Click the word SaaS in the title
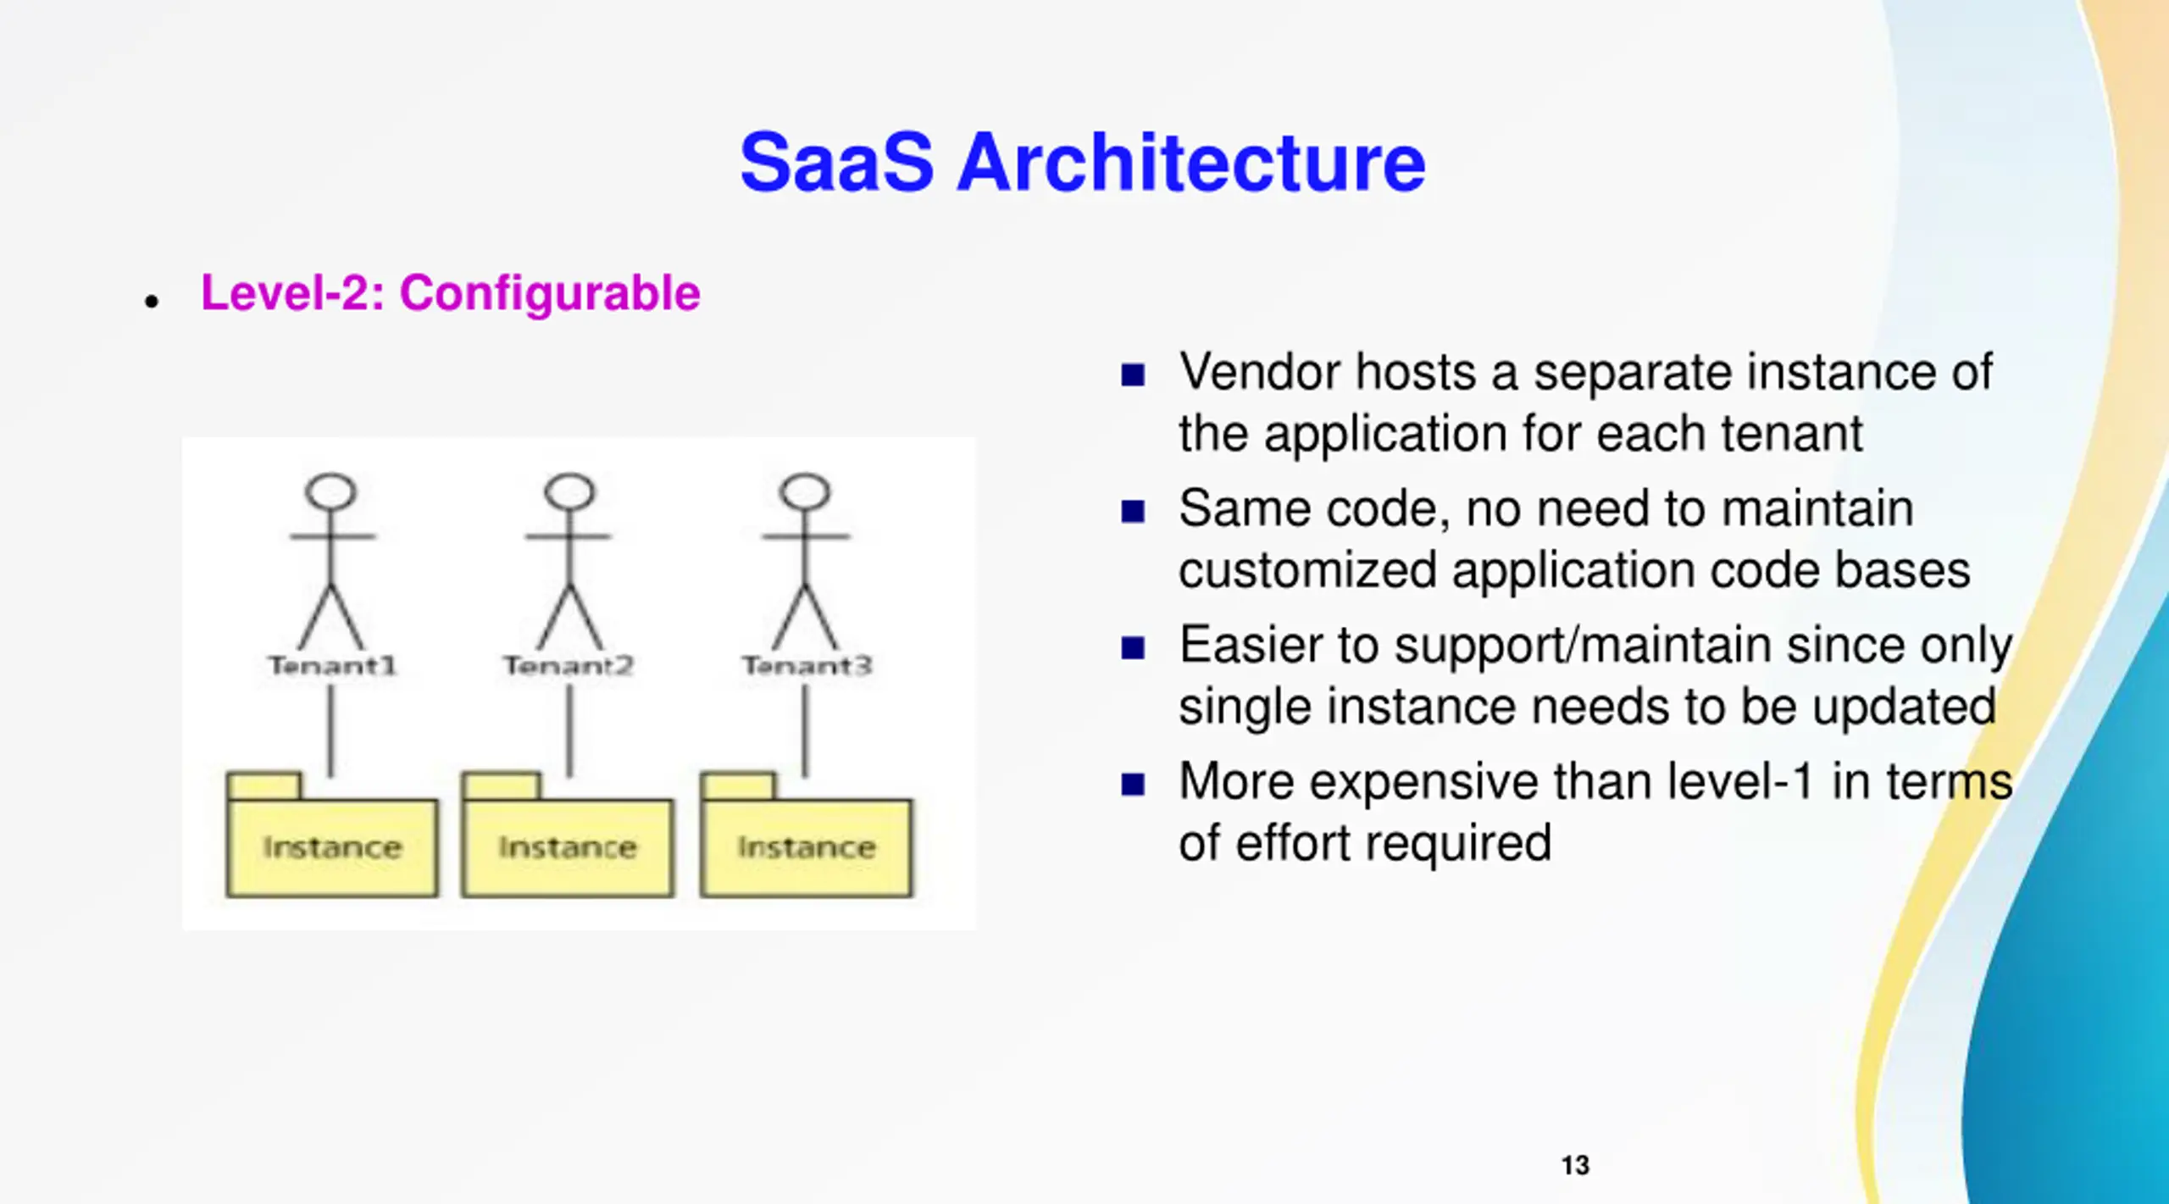point(836,163)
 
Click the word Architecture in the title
point(1191,163)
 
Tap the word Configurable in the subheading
point(550,293)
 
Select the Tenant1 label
point(332,666)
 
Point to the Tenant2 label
point(569,666)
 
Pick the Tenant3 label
point(807,666)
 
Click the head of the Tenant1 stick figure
point(330,491)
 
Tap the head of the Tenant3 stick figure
point(805,491)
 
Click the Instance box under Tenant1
point(332,847)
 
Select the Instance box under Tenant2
point(568,847)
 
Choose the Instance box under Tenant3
point(807,847)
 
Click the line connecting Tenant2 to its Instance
point(569,730)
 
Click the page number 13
point(1575,1166)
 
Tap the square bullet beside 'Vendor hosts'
point(1133,375)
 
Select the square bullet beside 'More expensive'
point(1133,785)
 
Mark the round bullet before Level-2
point(152,302)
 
